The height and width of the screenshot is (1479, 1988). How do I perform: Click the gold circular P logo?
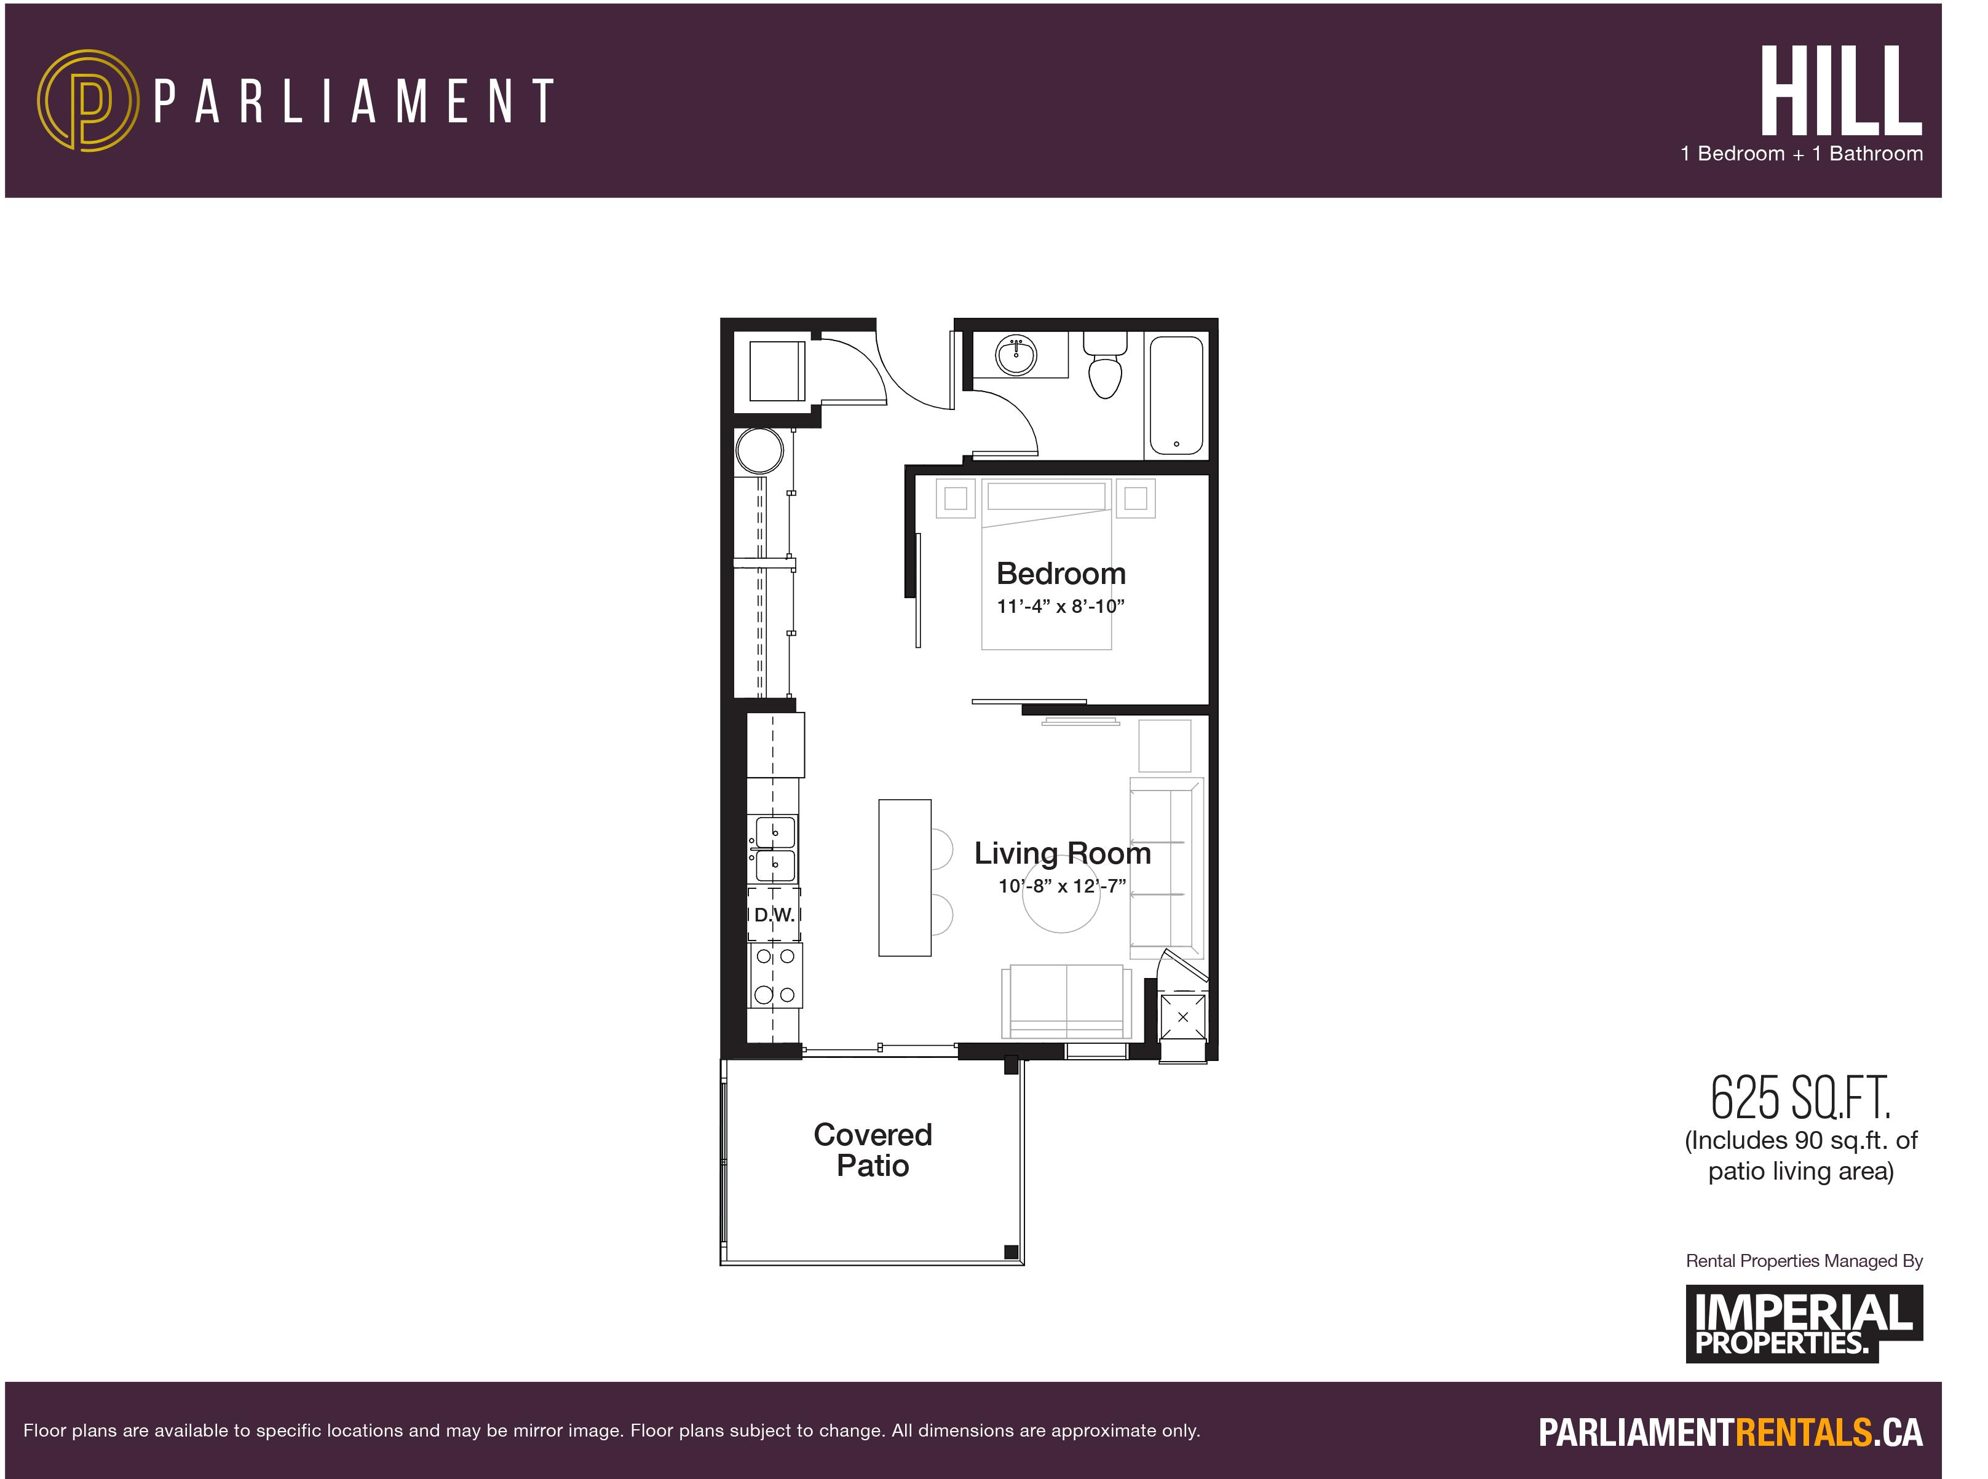pos(88,100)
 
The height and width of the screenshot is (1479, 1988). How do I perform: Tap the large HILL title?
pos(1840,92)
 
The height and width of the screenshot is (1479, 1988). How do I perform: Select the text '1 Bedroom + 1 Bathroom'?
pos(1801,154)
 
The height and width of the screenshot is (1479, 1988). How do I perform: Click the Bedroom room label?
pos(1060,574)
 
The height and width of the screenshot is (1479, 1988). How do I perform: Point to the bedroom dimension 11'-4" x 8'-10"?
pos(1060,607)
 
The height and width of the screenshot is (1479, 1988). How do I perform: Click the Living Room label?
pos(1062,853)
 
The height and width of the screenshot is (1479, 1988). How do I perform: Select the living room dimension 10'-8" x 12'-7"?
pos(1062,886)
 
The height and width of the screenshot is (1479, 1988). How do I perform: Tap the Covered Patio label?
pos(872,1150)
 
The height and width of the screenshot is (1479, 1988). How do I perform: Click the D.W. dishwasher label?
pos(774,915)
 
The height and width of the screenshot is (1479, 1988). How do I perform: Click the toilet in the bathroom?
pos(1105,367)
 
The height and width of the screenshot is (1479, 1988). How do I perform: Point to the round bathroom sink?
pos(1016,355)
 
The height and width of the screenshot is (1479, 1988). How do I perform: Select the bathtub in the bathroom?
pos(1175,395)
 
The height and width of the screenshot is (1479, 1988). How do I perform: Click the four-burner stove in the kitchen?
pos(775,975)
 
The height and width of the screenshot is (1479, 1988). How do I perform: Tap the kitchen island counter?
pos(905,877)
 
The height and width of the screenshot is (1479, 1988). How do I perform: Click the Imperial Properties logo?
pos(1803,1323)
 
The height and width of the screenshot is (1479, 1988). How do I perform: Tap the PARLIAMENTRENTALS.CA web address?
pos(1730,1432)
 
